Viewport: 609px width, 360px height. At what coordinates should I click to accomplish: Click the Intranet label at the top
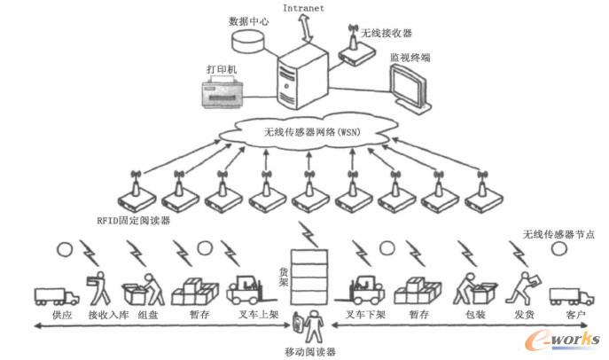pyautogui.click(x=303, y=9)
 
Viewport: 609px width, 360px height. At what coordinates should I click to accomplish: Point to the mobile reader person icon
pyautogui.click(x=311, y=326)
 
